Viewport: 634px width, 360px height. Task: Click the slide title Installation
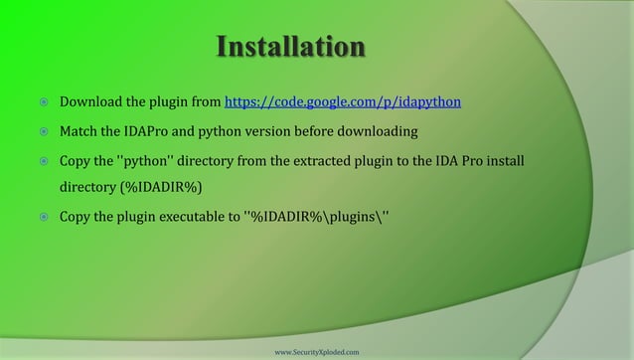(289, 48)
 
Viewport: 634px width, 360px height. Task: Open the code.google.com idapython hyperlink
(343, 101)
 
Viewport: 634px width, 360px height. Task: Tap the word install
(502, 160)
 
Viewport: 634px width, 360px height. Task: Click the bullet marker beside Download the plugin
(43, 102)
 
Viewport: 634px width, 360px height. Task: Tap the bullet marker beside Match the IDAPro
(43, 131)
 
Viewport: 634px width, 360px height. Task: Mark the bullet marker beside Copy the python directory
(43, 161)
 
